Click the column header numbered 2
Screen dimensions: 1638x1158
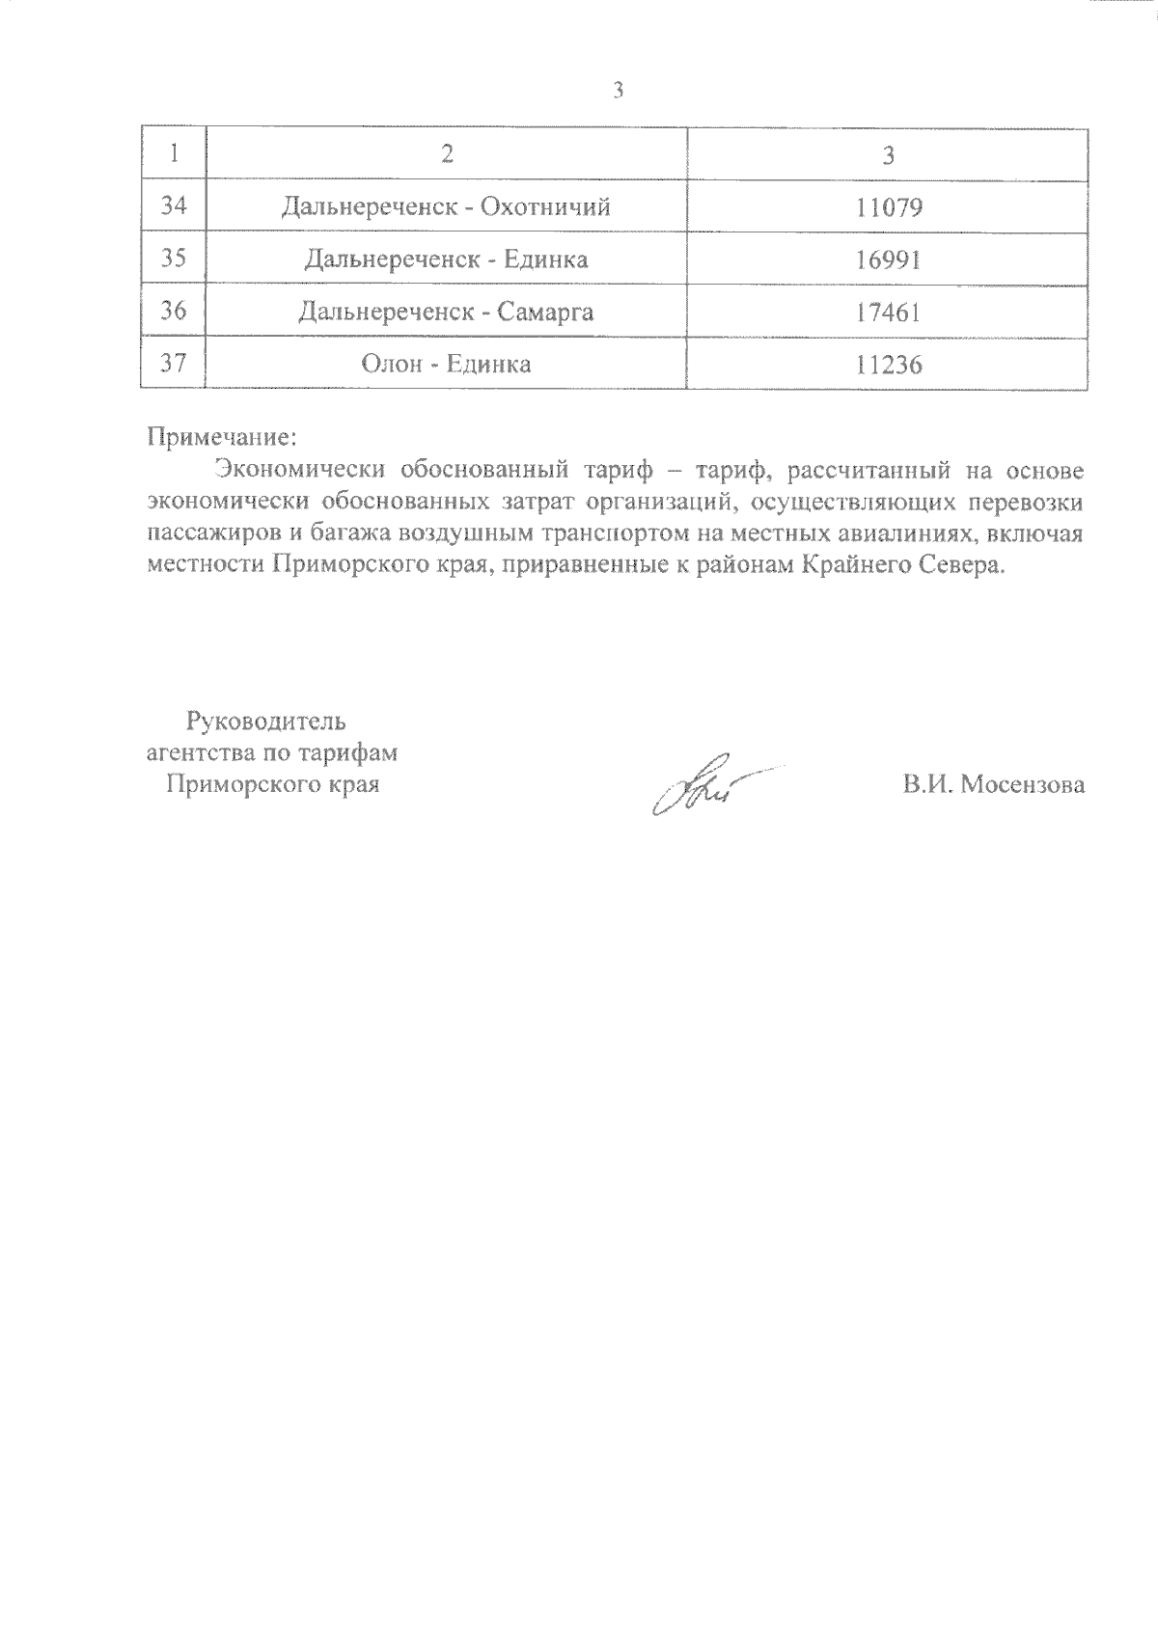click(446, 154)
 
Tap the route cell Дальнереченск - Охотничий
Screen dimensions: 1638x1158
click(446, 206)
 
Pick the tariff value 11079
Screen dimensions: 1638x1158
click(889, 207)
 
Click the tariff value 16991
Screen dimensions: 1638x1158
click(889, 259)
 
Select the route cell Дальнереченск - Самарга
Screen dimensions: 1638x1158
click(446, 312)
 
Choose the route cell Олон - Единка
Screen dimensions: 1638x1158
click(446, 364)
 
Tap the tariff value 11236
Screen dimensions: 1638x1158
click(889, 365)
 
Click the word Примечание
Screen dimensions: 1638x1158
click(218, 437)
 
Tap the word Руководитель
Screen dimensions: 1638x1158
click(265, 721)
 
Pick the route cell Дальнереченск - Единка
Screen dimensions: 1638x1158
click(446, 259)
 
